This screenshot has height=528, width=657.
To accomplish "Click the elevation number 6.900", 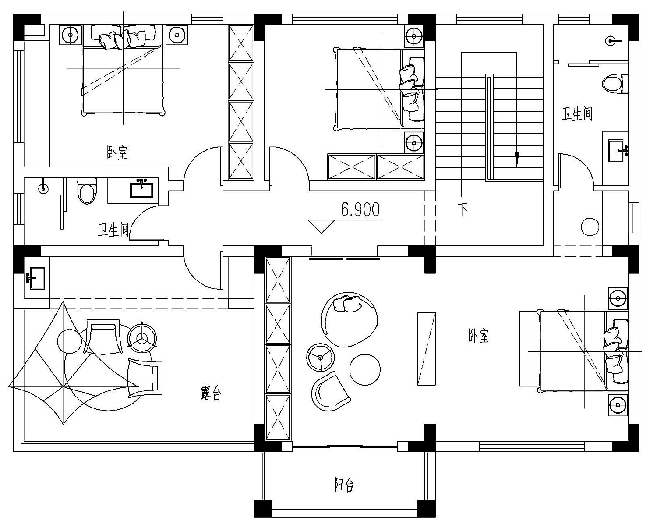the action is [x=360, y=210].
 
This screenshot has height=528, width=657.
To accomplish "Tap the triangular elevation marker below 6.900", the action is [x=321, y=226].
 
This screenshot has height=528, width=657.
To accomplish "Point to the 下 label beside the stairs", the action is [x=463, y=209].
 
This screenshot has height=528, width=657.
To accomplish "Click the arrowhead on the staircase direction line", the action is [x=516, y=159].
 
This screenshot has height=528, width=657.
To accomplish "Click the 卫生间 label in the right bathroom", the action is [x=577, y=113].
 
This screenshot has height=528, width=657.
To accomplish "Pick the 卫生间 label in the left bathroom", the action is [x=113, y=229].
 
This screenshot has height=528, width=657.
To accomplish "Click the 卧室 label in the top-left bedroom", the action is [x=117, y=152].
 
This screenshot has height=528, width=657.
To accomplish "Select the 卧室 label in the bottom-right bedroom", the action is [x=478, y=336].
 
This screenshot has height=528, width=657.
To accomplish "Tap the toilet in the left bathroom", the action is [x=87, y=191].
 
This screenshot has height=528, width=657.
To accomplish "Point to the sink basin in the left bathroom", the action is [x=141, y=189].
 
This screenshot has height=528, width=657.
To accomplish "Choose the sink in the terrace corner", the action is [x=37, y=278].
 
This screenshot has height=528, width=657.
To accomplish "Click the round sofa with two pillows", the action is [x=350, y=319].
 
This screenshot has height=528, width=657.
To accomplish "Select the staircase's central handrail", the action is [x=489, y=128].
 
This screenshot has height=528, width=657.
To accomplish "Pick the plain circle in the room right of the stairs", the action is [x=590, y=227].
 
